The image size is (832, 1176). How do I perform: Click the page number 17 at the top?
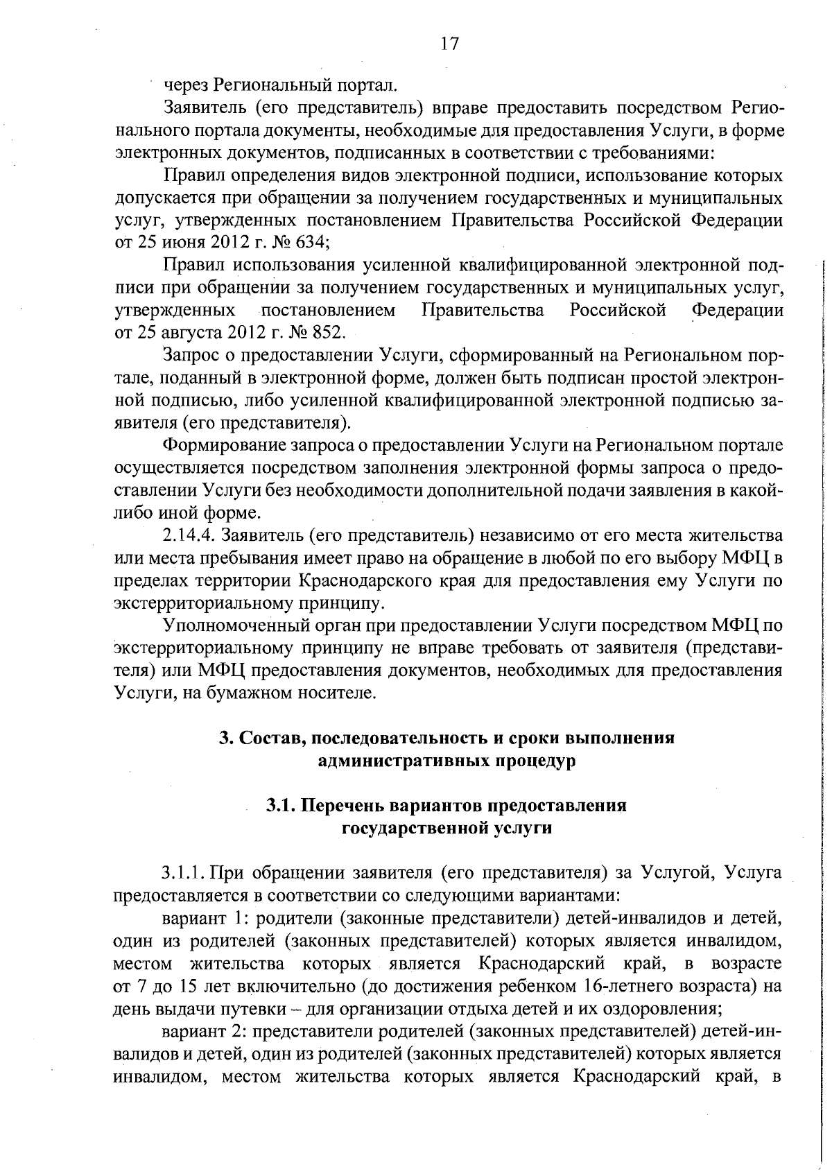click(449, 44)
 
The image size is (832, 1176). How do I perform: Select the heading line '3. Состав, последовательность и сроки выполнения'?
click(447, 738)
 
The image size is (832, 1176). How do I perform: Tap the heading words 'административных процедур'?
click(447, 761)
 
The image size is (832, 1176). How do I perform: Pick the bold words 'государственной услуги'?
click(447, 828)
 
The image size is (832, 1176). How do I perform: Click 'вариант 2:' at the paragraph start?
click(206, 1031)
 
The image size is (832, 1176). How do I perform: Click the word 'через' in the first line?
click(185, 85)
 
